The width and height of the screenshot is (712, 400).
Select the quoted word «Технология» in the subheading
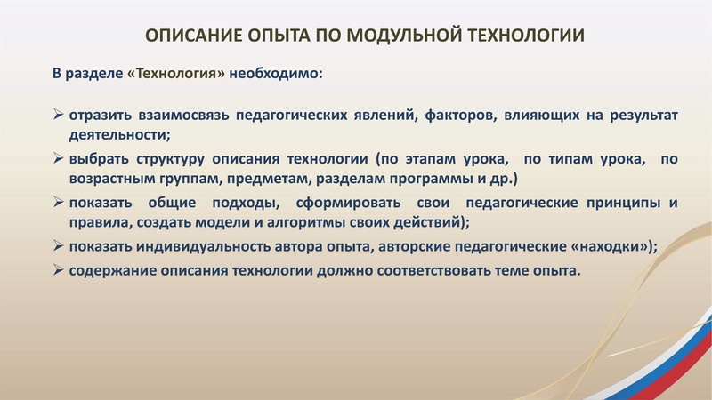(177, 73)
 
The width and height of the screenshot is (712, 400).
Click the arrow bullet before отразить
(58, 116)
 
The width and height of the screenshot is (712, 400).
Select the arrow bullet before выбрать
(58, 159)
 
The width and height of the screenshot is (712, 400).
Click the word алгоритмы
(283, 222)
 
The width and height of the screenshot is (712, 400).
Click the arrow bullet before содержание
(58, 270)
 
